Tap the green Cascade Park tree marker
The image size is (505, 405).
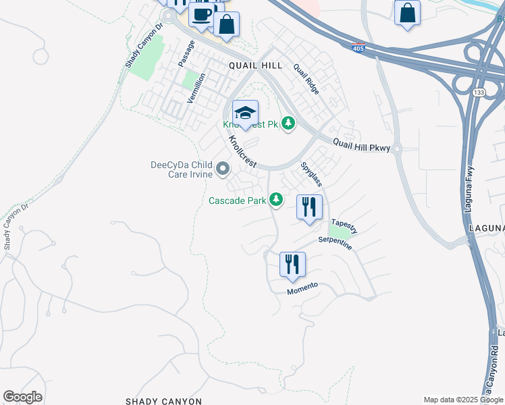pyautogui.click(x=275, y=199)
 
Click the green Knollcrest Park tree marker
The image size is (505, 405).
pyautogui.click(x=288, y=123)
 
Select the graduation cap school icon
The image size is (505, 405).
pyautogui.click(x=246, y=112)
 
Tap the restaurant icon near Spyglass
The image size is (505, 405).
pyautogui.click(x=309, y=207)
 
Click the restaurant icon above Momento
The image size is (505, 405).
pyautogui.click(x=292, y=264)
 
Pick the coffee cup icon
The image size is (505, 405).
pyautogui.click(x=201, y=13)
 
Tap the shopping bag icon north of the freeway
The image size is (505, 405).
pyautogui.click(x=408, y=13)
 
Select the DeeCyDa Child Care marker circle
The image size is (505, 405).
pyautogui.click(x=223, y=169)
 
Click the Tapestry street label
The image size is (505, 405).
pyautogui.click(x=344, y=226)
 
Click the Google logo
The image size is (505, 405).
pyautogui.click(x=22, y=397)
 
